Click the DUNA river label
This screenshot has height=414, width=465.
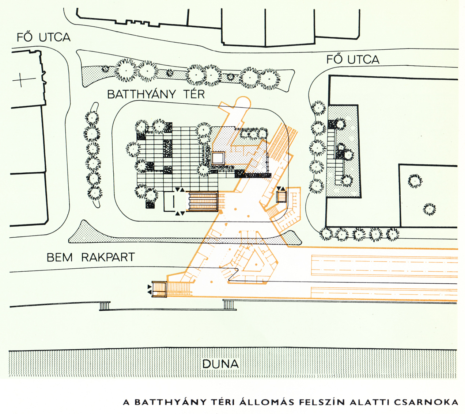[220, 364]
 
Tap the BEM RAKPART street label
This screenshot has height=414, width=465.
[91, 257]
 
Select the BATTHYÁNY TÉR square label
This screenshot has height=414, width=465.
[156, 95]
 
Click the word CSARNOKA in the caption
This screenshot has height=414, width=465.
[426, 402]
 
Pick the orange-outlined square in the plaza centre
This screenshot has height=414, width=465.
[218, 158]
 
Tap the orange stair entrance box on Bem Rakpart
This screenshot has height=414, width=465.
[159, 289]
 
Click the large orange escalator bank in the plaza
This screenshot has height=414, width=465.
[203, 202]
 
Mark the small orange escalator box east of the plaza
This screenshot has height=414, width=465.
[281, 196]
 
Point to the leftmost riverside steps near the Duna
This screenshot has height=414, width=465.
[105, 306]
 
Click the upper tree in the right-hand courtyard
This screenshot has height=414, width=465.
[415, 181]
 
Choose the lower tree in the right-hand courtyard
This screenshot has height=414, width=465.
[429, 209]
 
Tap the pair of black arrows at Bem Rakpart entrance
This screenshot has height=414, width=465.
[149, 289]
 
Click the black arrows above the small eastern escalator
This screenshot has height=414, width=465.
[281, 188]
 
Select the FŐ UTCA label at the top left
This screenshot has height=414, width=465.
[44, 37]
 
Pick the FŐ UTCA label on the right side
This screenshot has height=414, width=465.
[353, 60]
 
